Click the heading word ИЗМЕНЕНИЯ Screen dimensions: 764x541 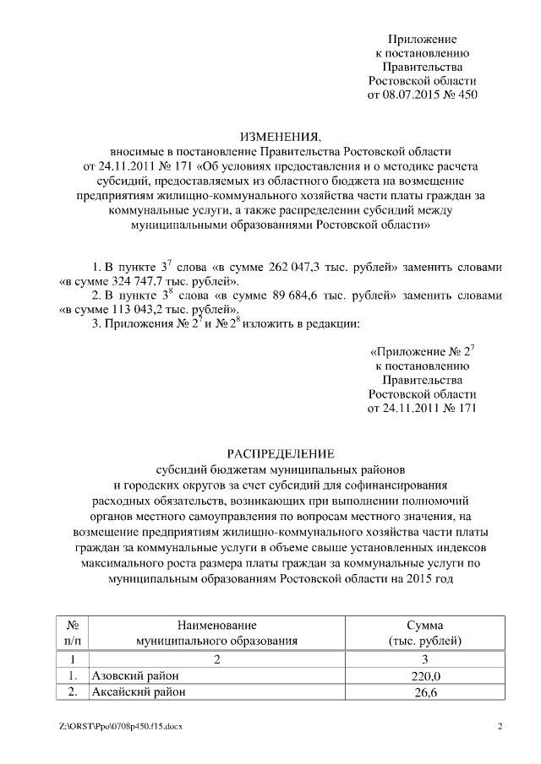[280, 137]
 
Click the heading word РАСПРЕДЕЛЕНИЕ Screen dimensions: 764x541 [280, 453]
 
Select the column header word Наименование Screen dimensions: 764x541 [216, 625]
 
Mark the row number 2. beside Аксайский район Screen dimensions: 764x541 [73, 692]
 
